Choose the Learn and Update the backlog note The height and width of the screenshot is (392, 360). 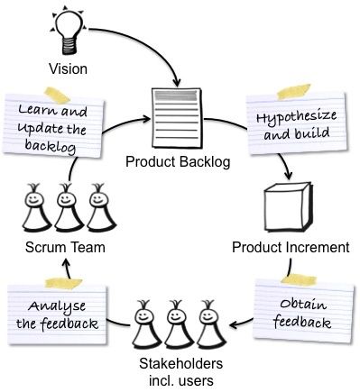[x=52, y=122]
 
